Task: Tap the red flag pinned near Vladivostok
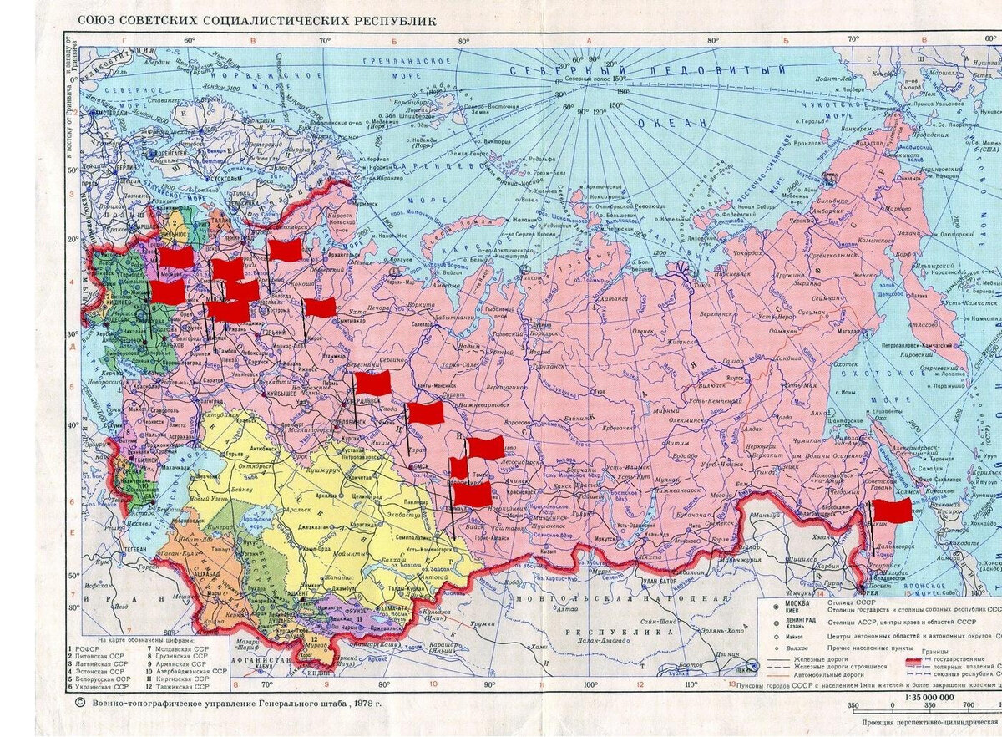pyautogui.click(x=892, y=511)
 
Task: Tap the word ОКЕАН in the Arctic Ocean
pyautogui.click(x=672, y=123)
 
